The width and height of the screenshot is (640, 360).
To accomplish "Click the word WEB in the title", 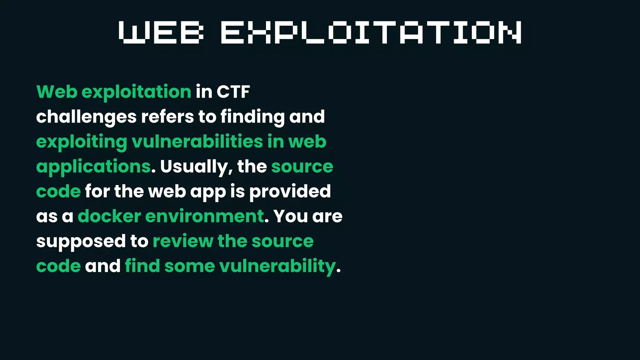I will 161,32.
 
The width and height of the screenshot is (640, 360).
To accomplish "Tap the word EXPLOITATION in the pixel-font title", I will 371,32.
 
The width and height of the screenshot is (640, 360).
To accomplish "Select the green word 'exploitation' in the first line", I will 136,92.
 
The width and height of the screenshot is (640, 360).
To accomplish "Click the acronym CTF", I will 233,92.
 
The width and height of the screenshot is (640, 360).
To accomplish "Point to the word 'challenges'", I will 86,117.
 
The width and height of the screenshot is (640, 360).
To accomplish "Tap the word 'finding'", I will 252,117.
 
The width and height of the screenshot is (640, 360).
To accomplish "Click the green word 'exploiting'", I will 82,142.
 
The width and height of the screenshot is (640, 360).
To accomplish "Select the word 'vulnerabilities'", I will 197,142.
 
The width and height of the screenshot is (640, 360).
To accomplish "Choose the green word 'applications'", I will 93,167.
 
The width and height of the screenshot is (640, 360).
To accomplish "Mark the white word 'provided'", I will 290,191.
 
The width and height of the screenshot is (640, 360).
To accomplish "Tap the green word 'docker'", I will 109,216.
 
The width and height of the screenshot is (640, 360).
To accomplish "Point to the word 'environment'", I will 205,216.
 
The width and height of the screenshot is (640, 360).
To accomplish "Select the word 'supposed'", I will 81,241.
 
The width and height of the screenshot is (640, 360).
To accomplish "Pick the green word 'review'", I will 183,241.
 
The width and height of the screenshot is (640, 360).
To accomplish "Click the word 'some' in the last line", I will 190,266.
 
